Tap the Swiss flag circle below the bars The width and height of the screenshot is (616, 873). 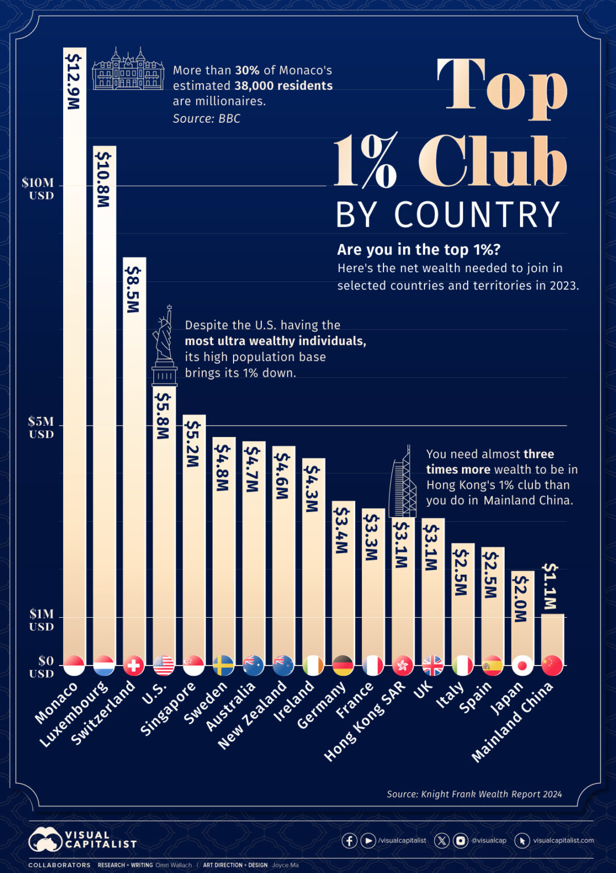(x=134, y=665)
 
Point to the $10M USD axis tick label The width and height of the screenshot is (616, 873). (x=38, y=189)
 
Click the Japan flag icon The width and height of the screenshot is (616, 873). (x=522, y=665)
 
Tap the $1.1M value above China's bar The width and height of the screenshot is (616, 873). (x=551, y=587)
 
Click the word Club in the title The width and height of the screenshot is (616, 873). (x=492, y=162)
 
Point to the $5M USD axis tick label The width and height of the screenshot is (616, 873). (x=41, y=427)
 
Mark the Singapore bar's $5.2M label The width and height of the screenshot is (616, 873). (x=193, y=444)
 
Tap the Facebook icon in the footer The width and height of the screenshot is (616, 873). (x=349, y=841)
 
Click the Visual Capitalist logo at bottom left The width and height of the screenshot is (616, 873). (x=83, y=839)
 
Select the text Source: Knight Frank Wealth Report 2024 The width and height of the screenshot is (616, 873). (x=474, y=794)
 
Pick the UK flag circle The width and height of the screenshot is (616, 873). (x=432, y=665)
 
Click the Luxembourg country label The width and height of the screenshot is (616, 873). (x=74, y=714)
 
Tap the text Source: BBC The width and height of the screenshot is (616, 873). (x=206, y=118)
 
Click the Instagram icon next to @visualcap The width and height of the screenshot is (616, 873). (x=460, y=841)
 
